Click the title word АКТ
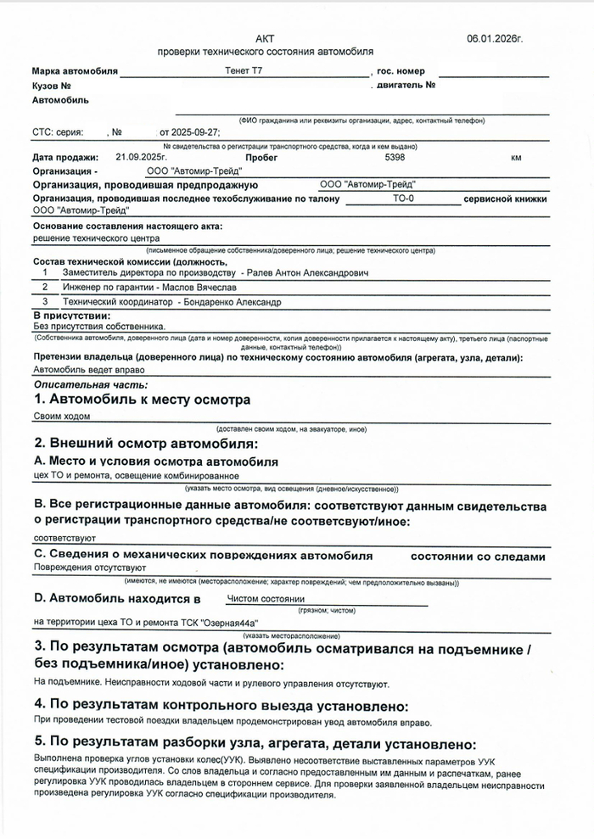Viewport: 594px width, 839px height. pyautogui.click(x=266, y=39)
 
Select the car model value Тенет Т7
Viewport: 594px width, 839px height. pyautogui.click(x=245, y=72)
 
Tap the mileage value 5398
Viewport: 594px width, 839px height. pyautogui.click(x=395, y=158)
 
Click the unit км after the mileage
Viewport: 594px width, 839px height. pyautogui.click(x=516, y=158)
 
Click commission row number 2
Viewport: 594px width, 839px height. pyautogui.click(x=45, y=288)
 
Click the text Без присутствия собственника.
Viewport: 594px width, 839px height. pyautogui.click(x=99, y=326)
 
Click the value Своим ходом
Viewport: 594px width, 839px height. pyautogui.click(x=61, y=417)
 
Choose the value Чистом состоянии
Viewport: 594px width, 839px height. pyautogui.click(x=266, y=598)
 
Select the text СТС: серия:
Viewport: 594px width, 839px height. pyautogui.click(x=58, y=133)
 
